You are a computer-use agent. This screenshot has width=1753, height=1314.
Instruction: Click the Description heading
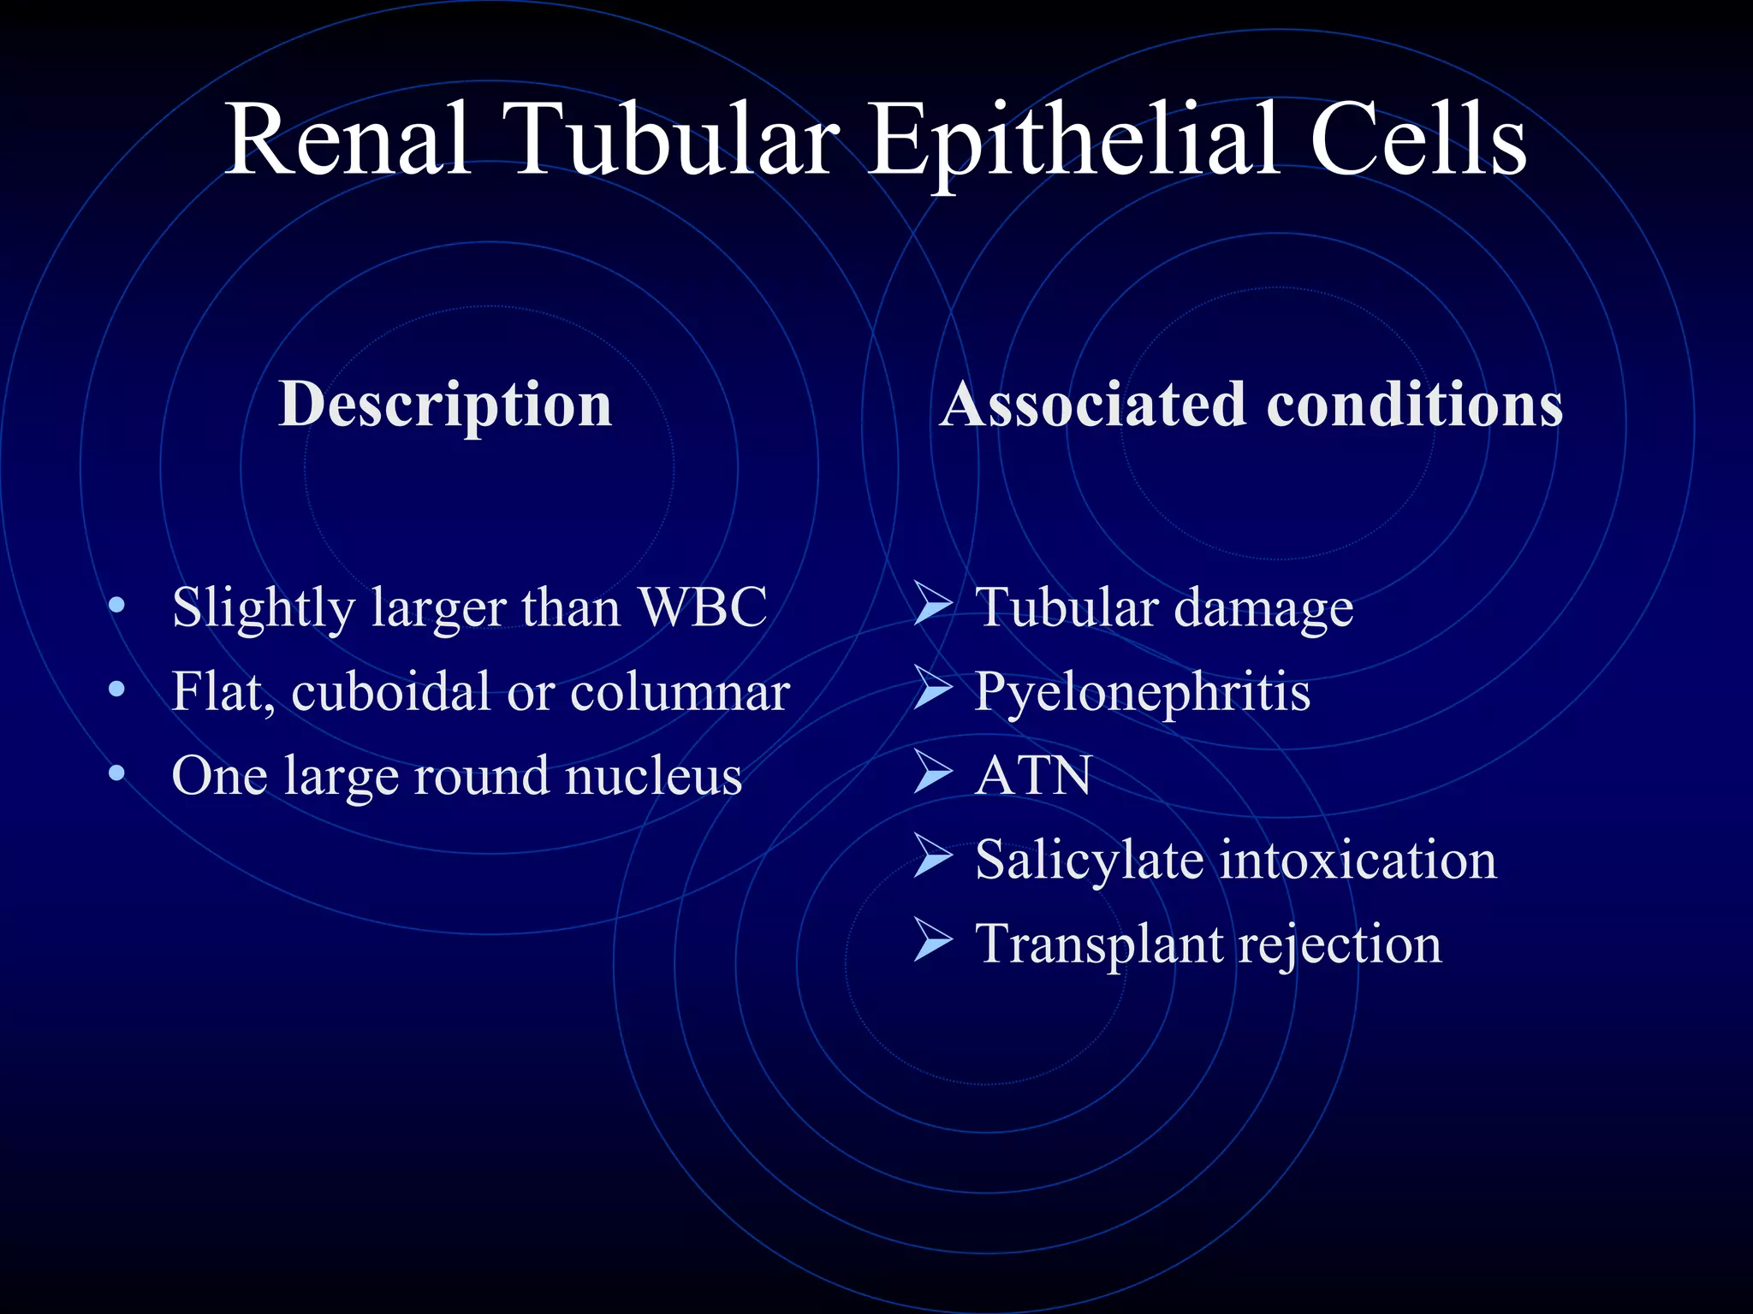pyautogui.click(x=445, y=404)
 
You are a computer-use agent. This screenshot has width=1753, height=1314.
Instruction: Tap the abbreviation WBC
pyautogui.click(x=704, y=607)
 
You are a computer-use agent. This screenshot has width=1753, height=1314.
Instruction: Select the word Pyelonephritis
pyautogui.click(x=1142, y=691)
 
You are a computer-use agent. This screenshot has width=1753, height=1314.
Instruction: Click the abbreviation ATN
pyautogui.click(x=1033, y=775)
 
